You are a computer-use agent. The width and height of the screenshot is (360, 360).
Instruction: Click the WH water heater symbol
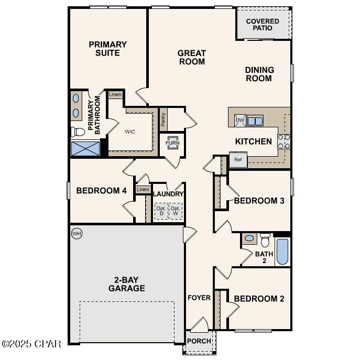[77, 233]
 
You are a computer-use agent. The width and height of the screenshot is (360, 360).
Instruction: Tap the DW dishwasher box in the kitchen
[239, 121]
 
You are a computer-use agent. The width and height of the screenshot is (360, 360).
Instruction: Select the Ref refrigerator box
[238, 160]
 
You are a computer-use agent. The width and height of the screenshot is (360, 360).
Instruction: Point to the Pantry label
[163, 120]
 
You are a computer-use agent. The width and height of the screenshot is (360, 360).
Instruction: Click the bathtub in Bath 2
[282, 252]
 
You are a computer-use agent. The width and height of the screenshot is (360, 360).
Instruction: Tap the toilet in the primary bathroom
[78, 132]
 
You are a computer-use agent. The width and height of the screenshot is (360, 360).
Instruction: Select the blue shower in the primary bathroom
[85, 148]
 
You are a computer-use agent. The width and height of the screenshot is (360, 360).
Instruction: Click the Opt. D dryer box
[161, 212]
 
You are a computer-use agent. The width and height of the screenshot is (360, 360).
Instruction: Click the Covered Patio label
[263, 25]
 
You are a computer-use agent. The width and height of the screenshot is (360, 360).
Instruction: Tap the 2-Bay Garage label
[126, 283]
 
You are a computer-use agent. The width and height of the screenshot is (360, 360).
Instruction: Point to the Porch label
[199, 341]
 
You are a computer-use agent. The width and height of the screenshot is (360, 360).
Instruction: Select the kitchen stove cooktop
[283, 141]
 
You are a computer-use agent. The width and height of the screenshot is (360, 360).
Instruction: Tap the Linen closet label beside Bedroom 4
[143, 189]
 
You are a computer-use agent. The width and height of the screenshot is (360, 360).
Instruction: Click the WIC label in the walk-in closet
[130, 132]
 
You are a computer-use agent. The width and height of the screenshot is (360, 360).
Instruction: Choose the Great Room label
[191, 57]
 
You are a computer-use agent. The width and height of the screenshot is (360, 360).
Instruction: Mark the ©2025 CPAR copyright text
[31, 344]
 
